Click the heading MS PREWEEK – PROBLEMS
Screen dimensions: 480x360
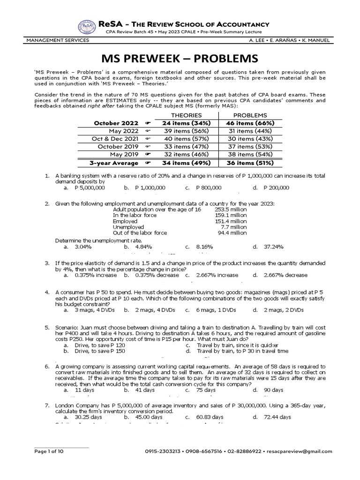[180, 59]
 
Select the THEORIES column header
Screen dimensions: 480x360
[186, 115]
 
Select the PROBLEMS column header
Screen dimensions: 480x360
[250, 115]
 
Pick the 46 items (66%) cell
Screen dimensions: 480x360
[250, 123]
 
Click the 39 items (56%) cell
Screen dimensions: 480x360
[186, 131]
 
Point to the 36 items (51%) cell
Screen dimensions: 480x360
[250, 163]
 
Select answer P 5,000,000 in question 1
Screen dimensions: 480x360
[90, 187]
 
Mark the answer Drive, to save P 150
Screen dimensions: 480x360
[100, 351]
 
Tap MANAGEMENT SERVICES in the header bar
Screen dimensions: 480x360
[58, 40]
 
